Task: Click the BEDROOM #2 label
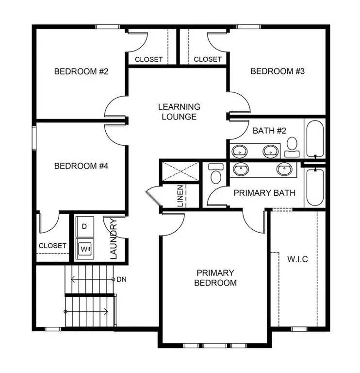pos(81,71)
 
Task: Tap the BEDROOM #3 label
pos(277,71)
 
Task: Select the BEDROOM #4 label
pos(81,166)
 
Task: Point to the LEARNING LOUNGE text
pos(179,112)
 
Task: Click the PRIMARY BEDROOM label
pos(215,277)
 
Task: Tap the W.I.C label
pos(297,259)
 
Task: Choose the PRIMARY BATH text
pos(264,193)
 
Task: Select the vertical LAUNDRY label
pos(114,239)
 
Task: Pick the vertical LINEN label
pos(180,196)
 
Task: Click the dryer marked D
pos(85,227)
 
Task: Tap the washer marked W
pos(85,248)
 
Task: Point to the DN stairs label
pos(120,280)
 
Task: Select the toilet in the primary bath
pos(215,173)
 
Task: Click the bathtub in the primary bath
pos(315,187)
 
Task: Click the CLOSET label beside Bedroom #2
pos(148,60)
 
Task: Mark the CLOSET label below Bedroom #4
pos(52,246)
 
